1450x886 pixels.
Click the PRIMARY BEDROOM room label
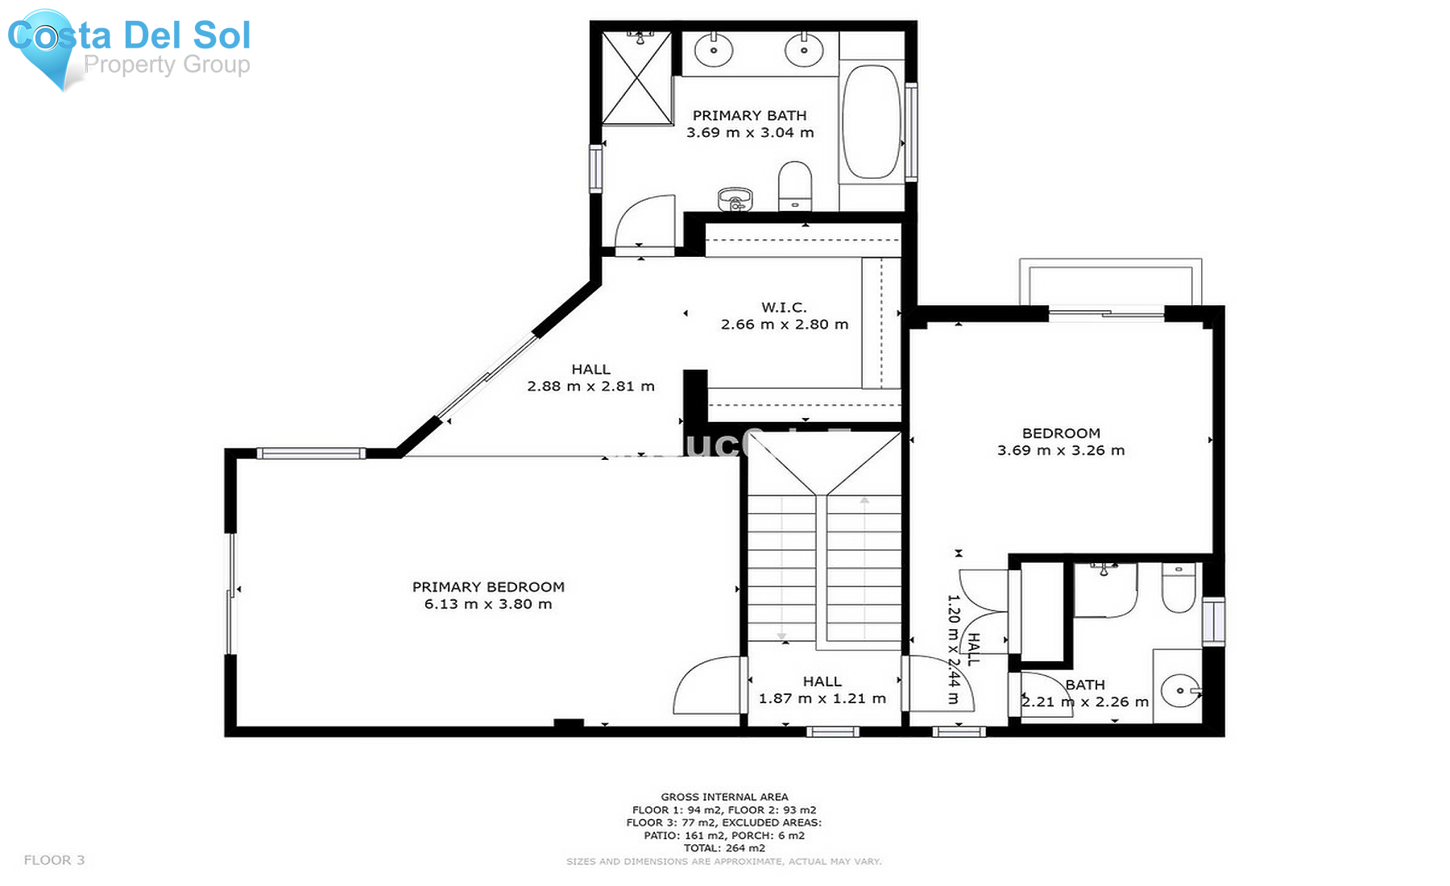(x=488, y=587)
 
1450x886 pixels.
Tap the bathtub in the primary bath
(x=871, y=122)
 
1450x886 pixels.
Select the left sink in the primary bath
(x=713, y=50)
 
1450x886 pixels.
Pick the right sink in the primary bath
(x=803, y=50)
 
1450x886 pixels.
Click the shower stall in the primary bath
(x=637, y=78)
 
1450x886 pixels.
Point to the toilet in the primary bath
(x=795, y=186)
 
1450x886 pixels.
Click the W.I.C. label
(x=784, y=308)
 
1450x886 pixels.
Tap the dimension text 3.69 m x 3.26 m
(x=1061, y=450)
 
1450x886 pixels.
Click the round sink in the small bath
(x=1180, y=690)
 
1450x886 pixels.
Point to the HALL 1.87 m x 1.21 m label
(x=822, y=690)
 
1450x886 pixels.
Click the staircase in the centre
(x=823, y=564)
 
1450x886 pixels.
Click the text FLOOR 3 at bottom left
(x=54, y=860)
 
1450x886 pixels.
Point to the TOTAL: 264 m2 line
(x=724, y=848)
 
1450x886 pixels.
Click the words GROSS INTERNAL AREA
(x=724, y=797)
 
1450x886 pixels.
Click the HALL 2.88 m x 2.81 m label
(x=590, y=378)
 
